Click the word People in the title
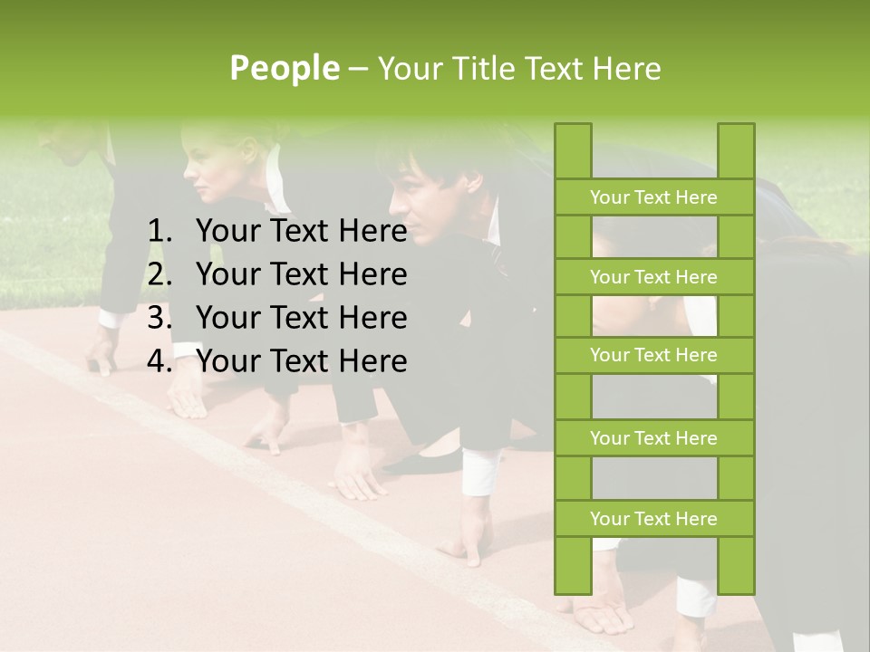(284, 68)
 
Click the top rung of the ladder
(653, 197)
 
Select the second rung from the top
(653, 277)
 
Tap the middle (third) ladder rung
(653, 355)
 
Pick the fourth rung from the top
(653, 438)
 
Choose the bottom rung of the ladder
(653, 519)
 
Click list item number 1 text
(301, 232)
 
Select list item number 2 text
(301, 274)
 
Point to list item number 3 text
(301, 318)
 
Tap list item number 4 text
(301, 361)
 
